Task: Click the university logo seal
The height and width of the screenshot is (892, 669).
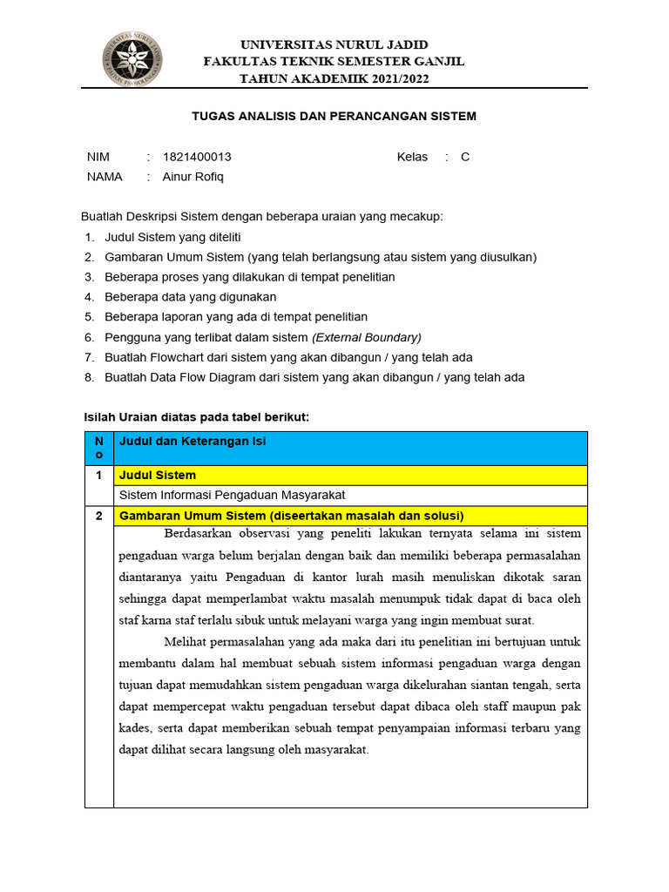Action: (132, 59)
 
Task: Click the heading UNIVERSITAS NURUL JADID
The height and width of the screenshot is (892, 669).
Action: (334, 44)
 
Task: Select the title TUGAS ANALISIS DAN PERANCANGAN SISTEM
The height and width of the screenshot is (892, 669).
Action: (334, 116)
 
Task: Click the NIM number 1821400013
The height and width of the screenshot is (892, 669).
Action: (197, 157)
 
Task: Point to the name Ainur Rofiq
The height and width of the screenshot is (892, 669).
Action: (193, 176)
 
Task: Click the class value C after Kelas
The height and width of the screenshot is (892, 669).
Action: (465, 157)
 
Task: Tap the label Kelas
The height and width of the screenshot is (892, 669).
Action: (412, 157)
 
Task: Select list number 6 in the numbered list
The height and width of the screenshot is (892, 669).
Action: (89, 337)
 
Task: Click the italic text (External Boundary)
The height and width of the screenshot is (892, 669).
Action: (367, 337)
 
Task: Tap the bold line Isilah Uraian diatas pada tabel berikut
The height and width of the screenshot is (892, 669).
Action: (196, 417)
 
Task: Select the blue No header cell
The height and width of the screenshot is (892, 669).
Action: (98, 448)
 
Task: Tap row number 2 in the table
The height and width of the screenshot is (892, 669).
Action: (98, 516)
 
